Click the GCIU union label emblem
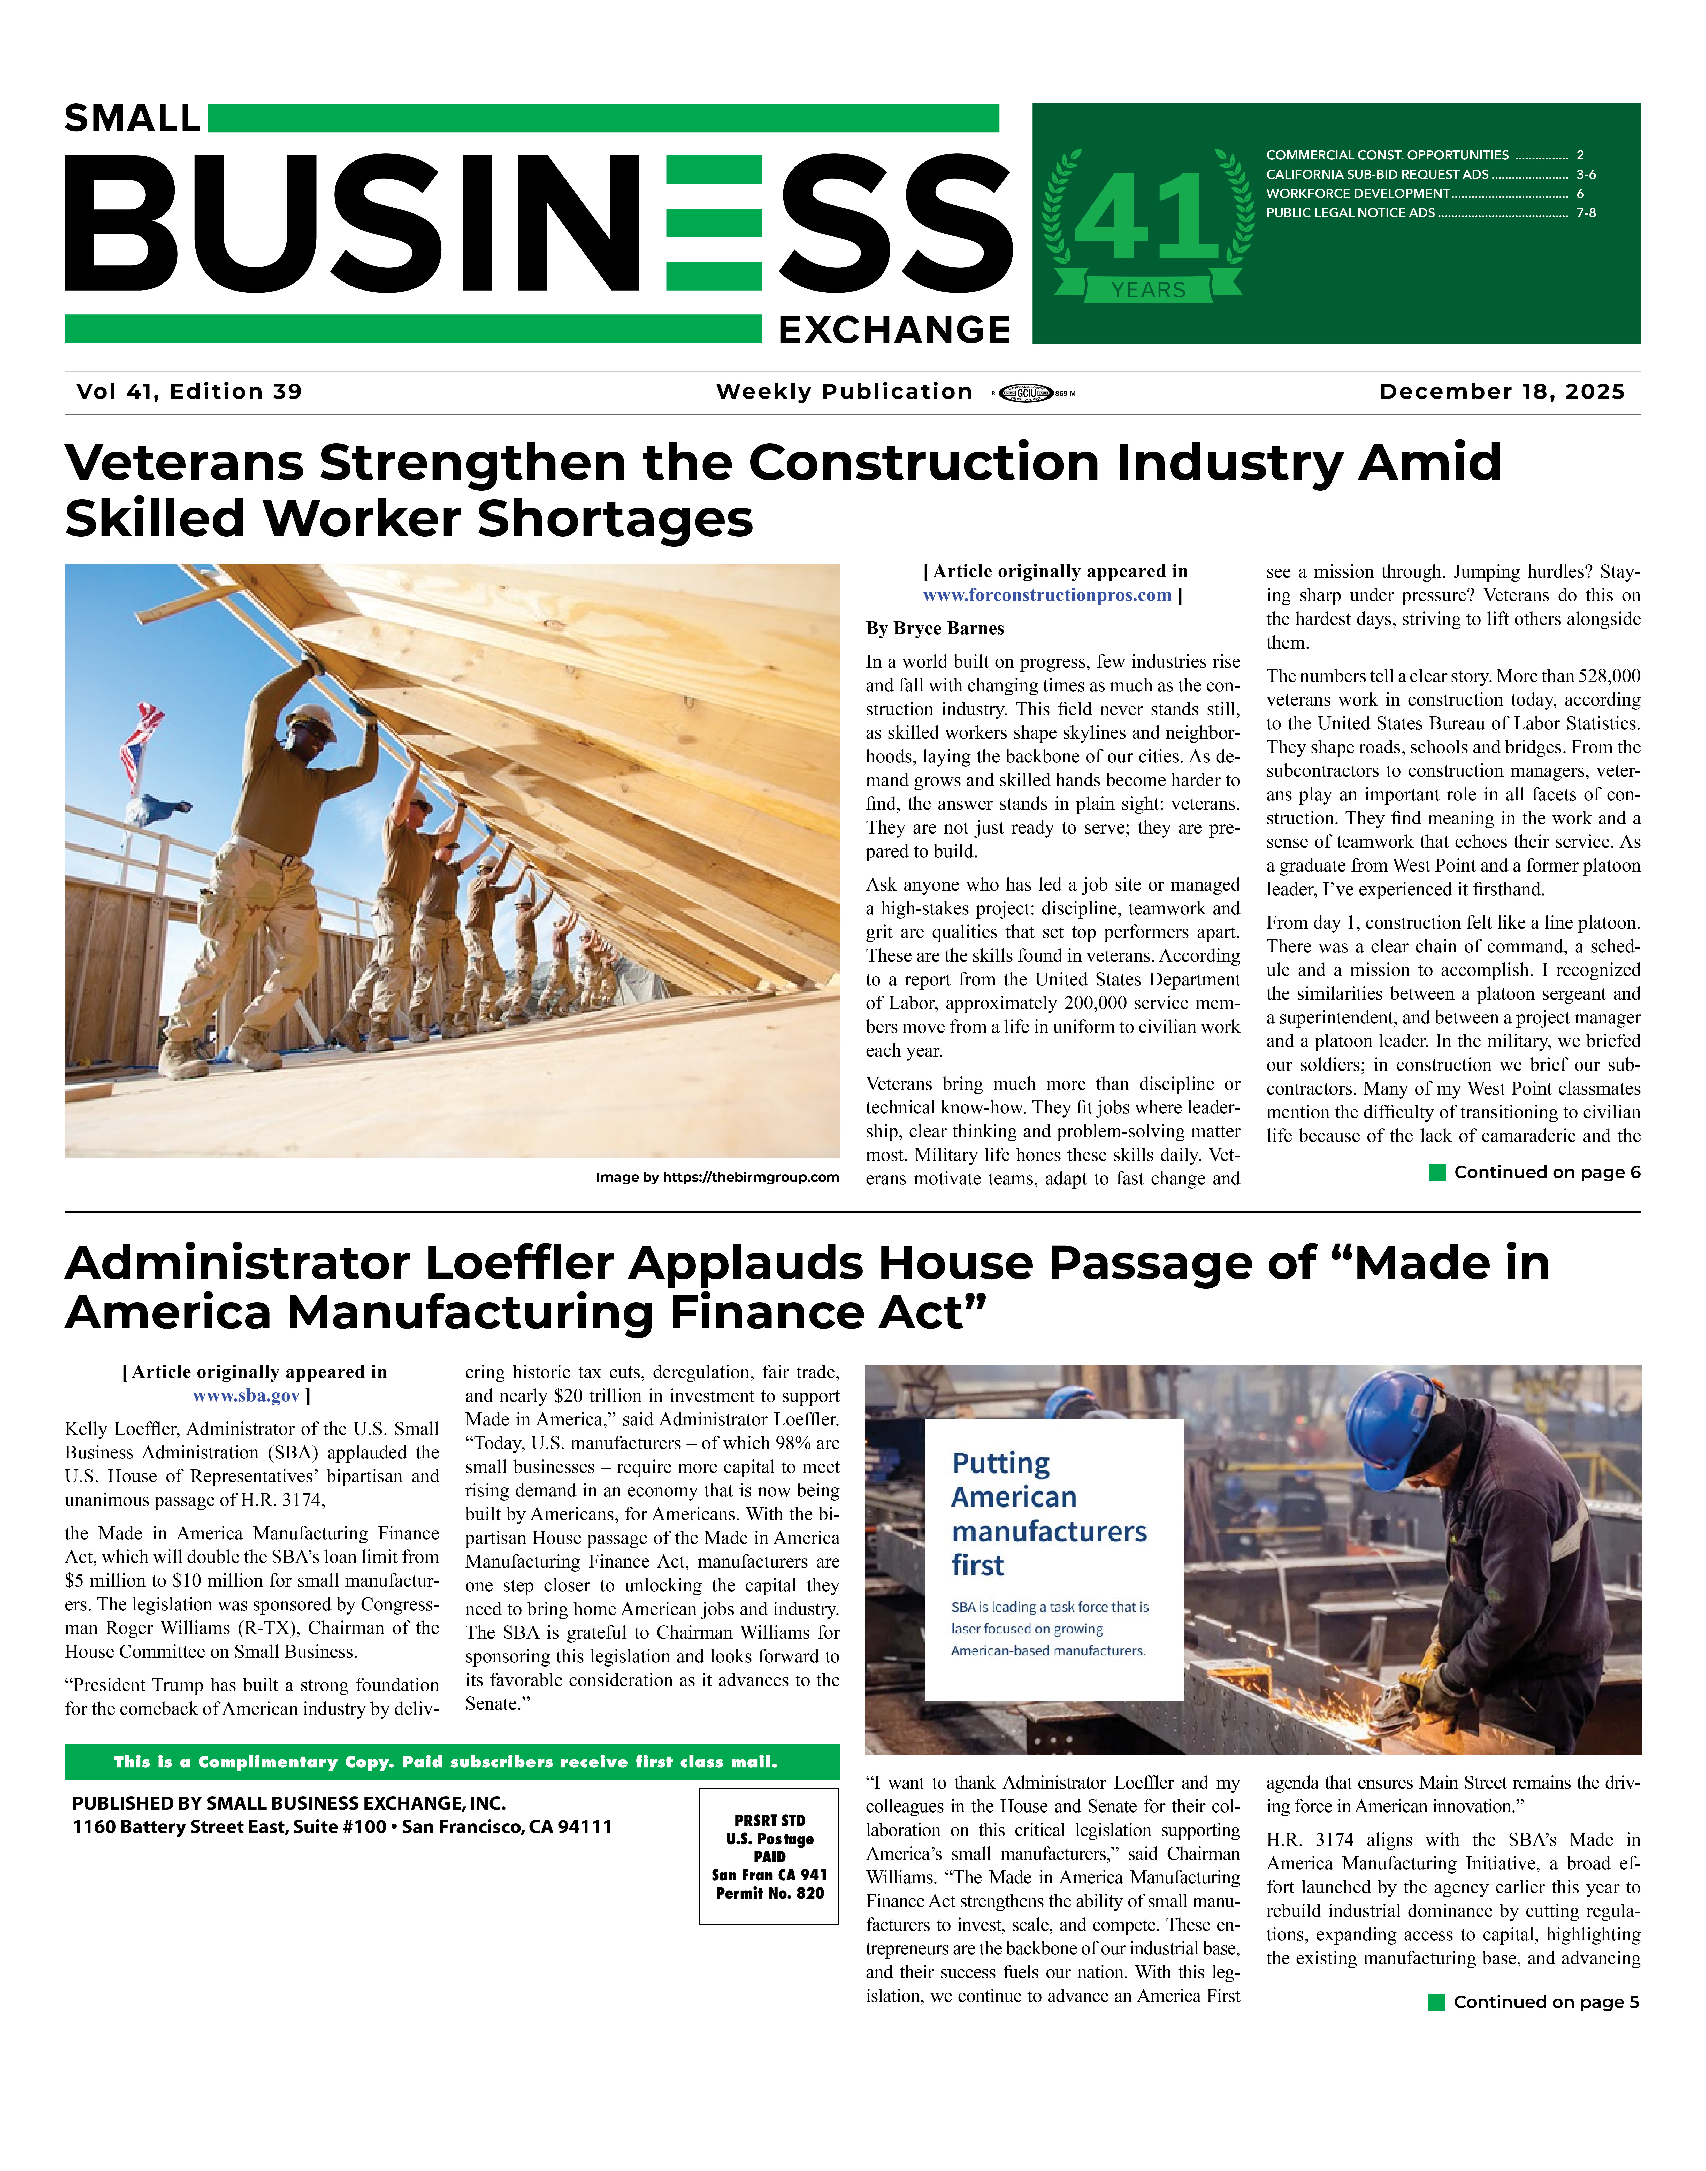tap(1026, 393)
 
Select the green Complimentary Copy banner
tap(452, 1763)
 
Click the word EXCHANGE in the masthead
tap(894, 330)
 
